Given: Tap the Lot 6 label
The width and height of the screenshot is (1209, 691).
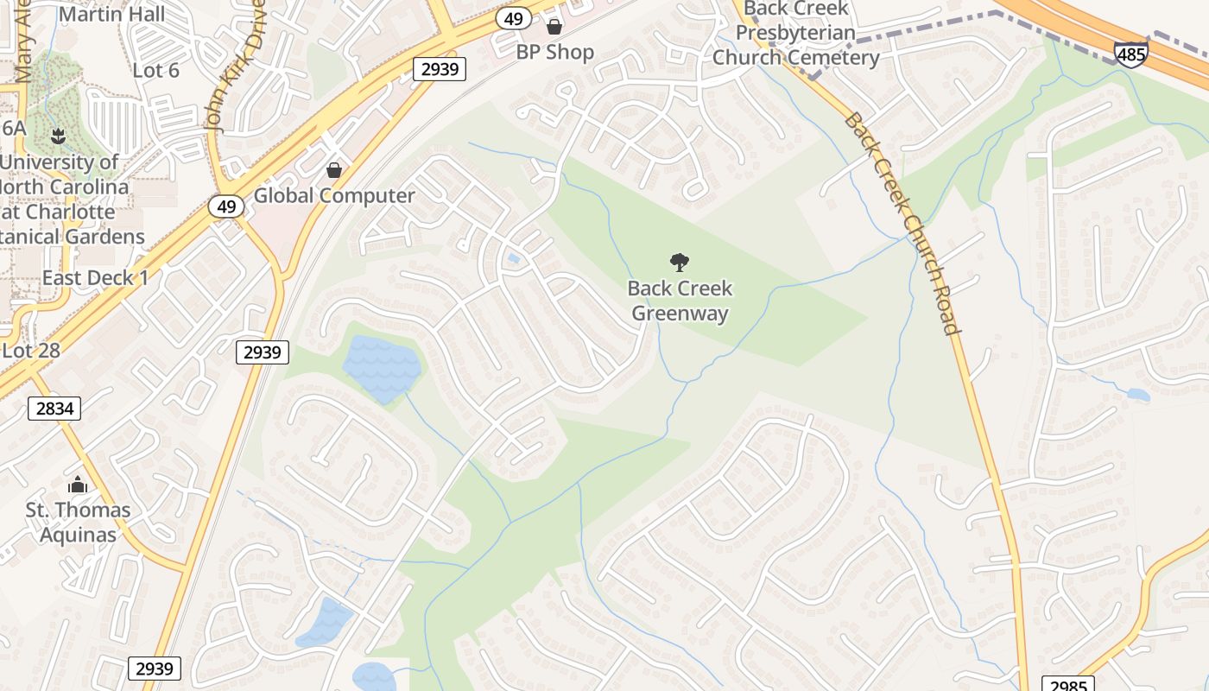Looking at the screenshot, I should click(x=156, y=70).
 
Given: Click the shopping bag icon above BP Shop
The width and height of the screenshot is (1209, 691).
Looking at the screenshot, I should click(x=554, y=27).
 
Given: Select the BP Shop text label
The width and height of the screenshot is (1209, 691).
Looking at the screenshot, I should click(x=555, y=52).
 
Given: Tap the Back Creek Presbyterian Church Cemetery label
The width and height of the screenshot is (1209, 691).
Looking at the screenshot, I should click(x=795, y=34).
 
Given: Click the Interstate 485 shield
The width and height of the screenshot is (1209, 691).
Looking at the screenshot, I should click(x=1130, y=54).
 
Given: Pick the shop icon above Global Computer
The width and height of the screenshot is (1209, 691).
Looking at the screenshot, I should click(x=334, y=170).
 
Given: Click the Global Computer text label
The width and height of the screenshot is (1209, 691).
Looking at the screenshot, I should click(x=334, y=195).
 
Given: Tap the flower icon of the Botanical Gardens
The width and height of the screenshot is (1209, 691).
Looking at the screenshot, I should click(x=58, y=136).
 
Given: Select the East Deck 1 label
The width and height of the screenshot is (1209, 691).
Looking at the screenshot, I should click(x=95, y=277).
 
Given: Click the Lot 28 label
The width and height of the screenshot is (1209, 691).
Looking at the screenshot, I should click(x=31, y=350).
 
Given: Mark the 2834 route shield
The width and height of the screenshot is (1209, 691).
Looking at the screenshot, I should click(x=54, y=408).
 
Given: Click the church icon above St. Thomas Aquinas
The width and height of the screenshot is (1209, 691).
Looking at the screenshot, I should click(x=78, y=485).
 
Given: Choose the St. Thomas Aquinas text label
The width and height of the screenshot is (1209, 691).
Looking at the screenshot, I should click(x=78, y=522).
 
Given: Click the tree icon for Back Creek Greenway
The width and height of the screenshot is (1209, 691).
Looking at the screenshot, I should click(x=680, y=263).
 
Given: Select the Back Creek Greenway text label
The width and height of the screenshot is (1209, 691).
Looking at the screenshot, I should click(x=680, y=301).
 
